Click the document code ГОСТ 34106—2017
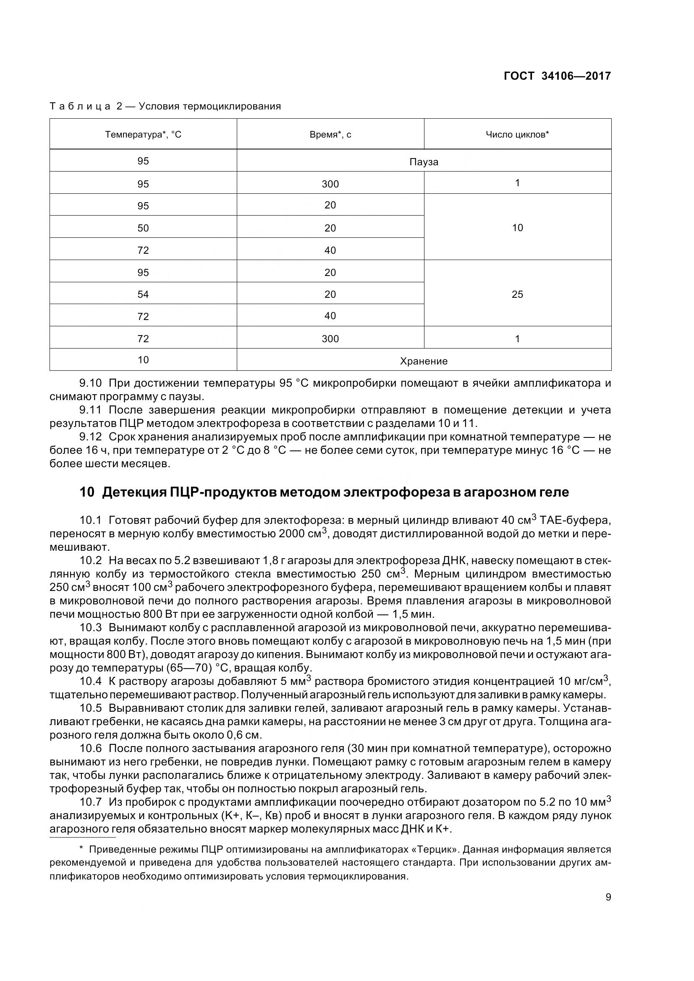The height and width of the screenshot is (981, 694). pyautogui.click(x=557, y=76)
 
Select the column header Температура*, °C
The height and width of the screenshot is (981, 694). pyautogui.click(x=143, y=135)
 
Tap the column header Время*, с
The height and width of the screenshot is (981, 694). pyautogui.click(x=330, y=135)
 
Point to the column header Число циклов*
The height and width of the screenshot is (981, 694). pyautogui.click(x=517, y=135)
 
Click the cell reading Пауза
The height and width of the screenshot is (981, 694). pyautogui.click(x=423, y=162)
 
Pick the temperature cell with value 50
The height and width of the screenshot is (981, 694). pyautogui.click(x=143, y=228)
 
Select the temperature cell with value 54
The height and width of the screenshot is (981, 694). pyautogui.click(x=143, y=294)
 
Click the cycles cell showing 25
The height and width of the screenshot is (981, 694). pyautogui.click(x=517, y=294)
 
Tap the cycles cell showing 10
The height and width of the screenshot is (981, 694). pyautogui.click(x=517, y=228)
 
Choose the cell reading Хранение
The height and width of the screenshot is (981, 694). pyautogui.click(x=423, y=361)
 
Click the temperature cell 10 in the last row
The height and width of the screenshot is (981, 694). pyautogui.click(x=143, y=360)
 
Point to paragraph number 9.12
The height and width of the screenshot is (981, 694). pyautogui.click(x=91, y=437)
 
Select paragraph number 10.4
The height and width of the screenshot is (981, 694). pyautogui.click(x=91, y=681)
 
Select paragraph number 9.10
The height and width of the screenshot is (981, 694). pyautogui.click(x=91, y=383)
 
